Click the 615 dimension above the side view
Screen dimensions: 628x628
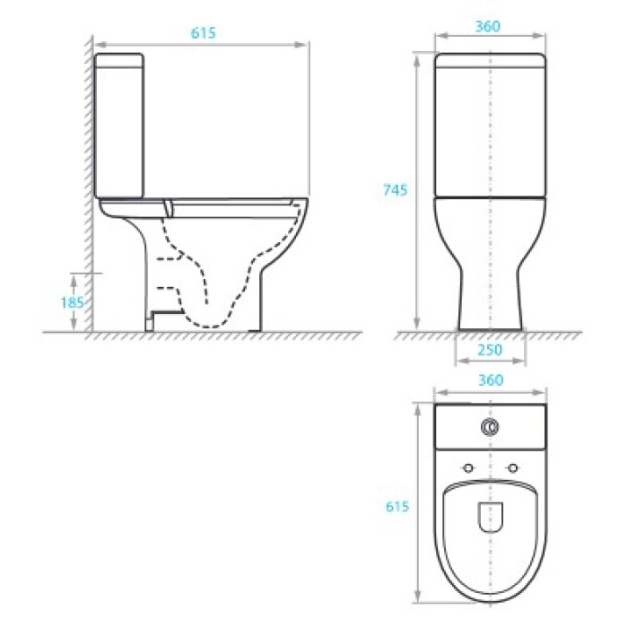(x=203, y=33)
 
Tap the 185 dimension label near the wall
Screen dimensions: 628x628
(x=72, y=302)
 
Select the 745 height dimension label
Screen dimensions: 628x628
(x=396, y=190)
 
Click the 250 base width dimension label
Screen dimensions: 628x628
(x=490, y=350)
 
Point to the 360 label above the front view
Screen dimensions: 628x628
(x=488, y=26)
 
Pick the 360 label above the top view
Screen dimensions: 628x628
(x=491, y=380)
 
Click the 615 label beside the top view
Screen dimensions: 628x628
(x=397, y=507)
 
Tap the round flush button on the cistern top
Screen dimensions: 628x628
(x=490, y=427)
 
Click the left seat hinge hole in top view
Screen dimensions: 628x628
(x=467, y=467)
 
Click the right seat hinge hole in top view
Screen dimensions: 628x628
(x=512, y=467)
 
